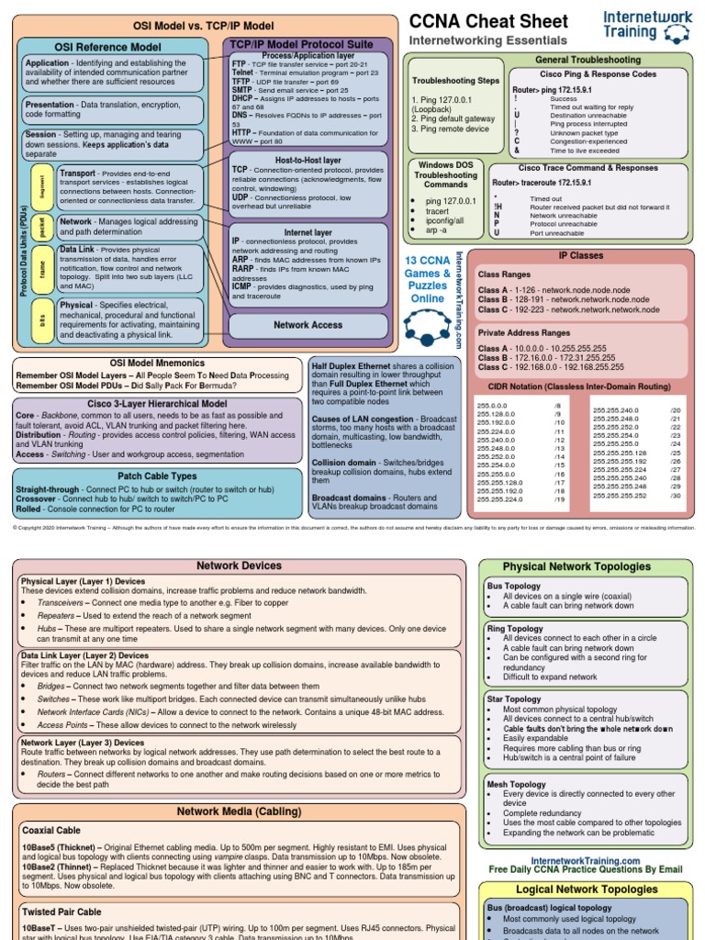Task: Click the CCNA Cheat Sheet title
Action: tap(487, 21)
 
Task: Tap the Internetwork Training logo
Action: tap(647, 25)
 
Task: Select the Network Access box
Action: tap(308, 325)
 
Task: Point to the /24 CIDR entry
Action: tap(675, 443)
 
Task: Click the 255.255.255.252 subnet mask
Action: tap(620, 496)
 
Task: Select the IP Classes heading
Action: tap(581, 255)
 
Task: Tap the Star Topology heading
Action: tap(513, 699)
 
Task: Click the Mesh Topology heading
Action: tap(516, 785)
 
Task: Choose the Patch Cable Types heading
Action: tap(156, 476)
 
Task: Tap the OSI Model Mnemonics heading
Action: tap(156, 363)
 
